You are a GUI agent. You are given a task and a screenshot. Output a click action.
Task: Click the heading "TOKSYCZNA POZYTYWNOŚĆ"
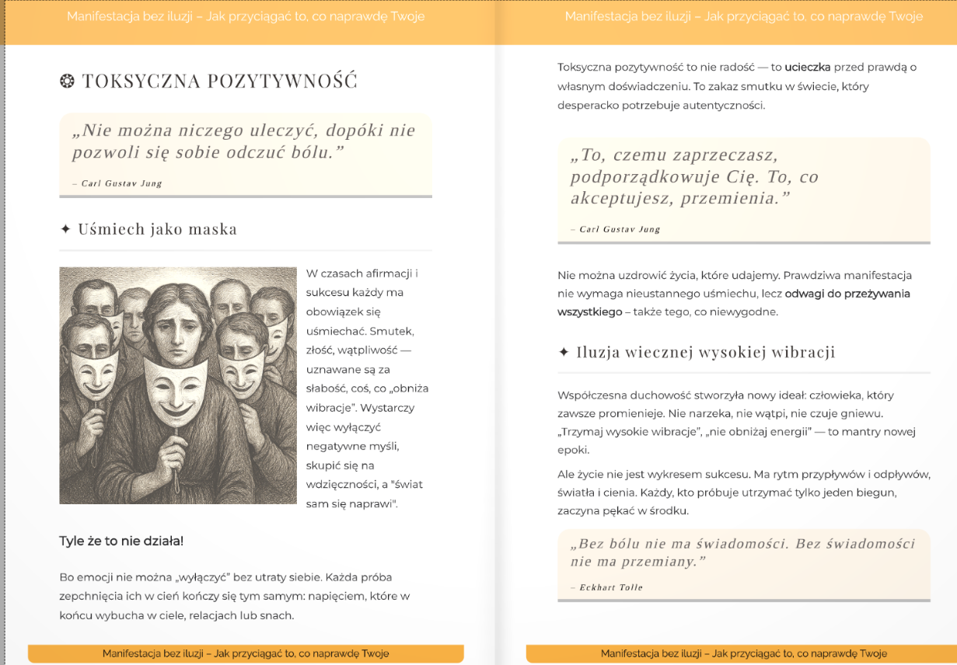219,81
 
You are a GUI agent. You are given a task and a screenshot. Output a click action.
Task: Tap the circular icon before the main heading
67,81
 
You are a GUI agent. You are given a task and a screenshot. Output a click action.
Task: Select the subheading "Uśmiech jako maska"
157,229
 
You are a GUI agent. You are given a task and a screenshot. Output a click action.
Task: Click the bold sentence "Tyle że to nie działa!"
121,541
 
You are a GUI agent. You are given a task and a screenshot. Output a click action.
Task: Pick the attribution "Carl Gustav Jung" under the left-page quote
121,183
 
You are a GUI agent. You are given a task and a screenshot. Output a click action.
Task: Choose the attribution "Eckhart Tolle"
611,587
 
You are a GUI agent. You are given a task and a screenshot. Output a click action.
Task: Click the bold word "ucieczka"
808,68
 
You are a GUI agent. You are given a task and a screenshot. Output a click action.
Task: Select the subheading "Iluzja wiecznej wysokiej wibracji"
705,353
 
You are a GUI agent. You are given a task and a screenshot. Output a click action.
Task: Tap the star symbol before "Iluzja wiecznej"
564,353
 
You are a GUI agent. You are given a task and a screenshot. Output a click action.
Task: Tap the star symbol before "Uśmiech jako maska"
65,229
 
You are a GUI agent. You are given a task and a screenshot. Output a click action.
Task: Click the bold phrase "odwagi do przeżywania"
847,294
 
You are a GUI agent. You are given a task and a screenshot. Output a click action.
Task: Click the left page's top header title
246,16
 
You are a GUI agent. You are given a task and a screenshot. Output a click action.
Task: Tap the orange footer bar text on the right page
743,653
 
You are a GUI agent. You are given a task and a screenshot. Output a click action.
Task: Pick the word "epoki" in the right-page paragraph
574,450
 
